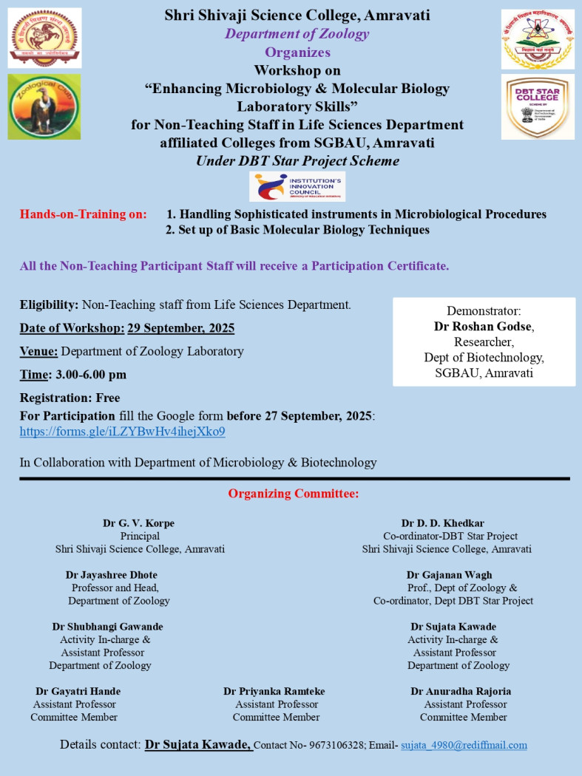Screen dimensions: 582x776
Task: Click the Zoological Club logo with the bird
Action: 44,106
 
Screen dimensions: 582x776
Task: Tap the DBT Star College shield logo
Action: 537,106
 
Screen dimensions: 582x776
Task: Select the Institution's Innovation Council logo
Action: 297,186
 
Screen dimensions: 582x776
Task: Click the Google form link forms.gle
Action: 122,432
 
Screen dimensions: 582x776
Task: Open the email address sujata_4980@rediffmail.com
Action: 464,745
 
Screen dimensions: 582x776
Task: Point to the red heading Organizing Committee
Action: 294,494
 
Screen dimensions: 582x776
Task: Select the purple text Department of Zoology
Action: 297,33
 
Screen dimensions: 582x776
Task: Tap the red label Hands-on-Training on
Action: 84,214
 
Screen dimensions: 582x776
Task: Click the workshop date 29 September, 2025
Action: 181,327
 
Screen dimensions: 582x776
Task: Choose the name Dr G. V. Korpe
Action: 139,523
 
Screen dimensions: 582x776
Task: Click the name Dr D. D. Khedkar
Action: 443,523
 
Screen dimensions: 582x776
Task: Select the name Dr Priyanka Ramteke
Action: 274,691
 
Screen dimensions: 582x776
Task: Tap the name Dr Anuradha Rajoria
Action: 461,691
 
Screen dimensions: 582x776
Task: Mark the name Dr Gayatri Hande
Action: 78,691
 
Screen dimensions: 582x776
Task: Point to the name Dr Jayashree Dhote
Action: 112,574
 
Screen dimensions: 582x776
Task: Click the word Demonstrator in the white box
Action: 484,311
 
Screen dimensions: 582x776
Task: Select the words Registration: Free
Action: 70,398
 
